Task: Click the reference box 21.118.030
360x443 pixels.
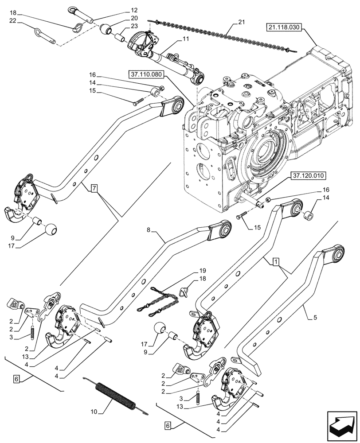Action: click(284, 27)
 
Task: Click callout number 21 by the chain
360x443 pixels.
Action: click(241, 22)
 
